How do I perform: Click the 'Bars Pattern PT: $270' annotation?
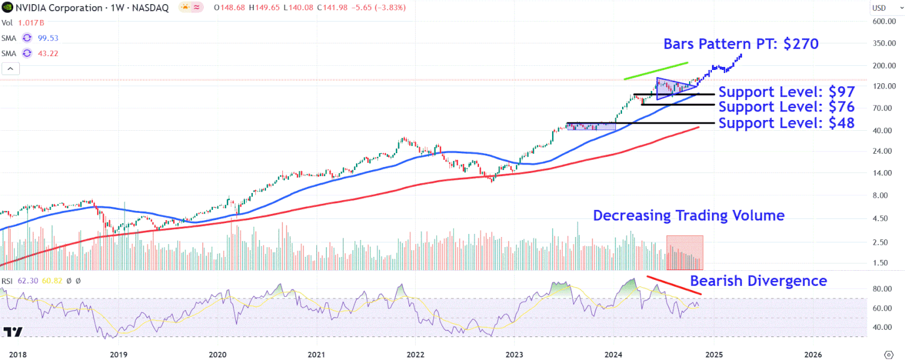click(741, 44)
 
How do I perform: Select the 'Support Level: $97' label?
click(786, 93)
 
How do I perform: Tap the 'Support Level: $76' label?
click(786, 107)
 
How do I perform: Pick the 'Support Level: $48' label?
click(786, 124)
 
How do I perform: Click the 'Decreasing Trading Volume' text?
click(688, 216)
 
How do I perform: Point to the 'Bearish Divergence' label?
click(758, 281)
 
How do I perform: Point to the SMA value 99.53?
click(46, 38)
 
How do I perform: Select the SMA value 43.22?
click(46, 54)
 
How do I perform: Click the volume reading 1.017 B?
click(31, 23)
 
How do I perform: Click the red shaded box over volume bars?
click(684, 252)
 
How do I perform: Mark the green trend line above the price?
click(656, 71)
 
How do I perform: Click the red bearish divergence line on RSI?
click(674, 285)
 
